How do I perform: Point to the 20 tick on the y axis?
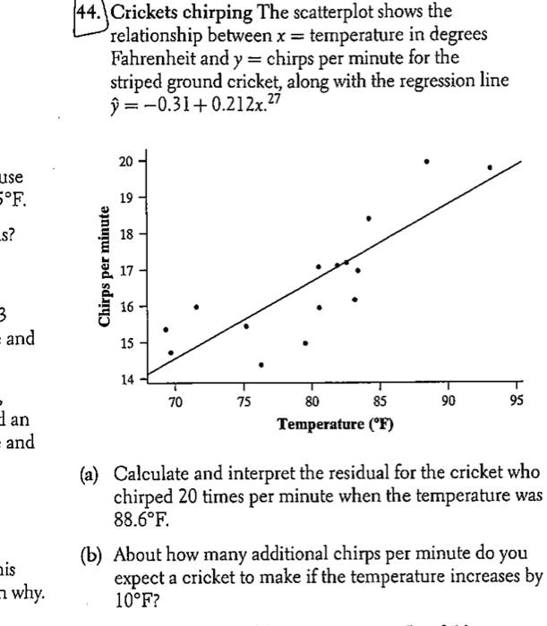point(127,161)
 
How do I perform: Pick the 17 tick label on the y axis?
point(127,270)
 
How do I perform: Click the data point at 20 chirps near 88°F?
point(426,162)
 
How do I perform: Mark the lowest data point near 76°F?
point(261,365)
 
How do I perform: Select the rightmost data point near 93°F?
point(490,167)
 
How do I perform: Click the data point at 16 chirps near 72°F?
point(196,307)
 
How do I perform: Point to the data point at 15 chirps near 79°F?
point(305,343)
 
